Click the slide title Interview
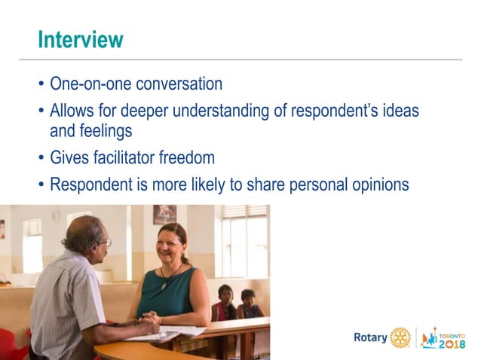pyautogui.click(x=81, y=39)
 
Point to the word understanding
pyautogui.click(x=236, y=111)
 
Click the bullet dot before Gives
pyautogui.click(x=41, y=158)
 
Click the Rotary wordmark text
pyautogui.click(x=370, y=337)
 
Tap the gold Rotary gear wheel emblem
pyautogui.click(x=400, y=337)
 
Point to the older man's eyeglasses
pyautogui.click(x=106, y=243)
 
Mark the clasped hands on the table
pyautogui.click(x=151, y=319)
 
